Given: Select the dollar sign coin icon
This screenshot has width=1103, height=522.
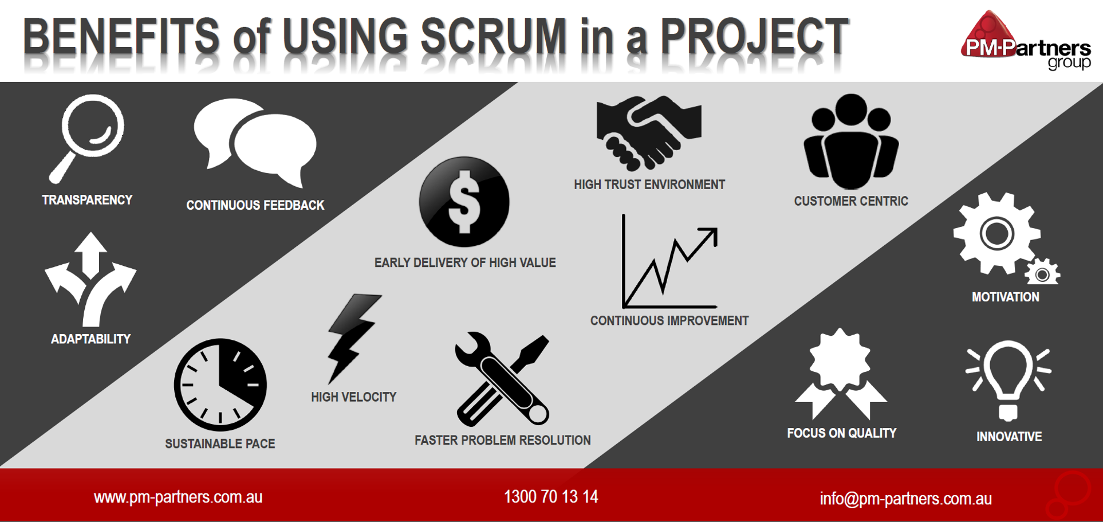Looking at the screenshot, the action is coord(464,202).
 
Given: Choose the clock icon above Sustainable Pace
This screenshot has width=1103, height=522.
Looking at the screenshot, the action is coord(220,384).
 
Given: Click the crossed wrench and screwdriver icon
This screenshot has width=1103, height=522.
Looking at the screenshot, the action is coord(502,379).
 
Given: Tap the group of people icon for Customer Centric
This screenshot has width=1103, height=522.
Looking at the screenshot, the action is coord(851,142).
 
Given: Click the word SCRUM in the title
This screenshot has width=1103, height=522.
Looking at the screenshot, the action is coord(493,37).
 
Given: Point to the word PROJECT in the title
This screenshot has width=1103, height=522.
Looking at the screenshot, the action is coord(755,37).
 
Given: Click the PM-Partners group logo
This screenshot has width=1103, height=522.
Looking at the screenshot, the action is coord(1026,40).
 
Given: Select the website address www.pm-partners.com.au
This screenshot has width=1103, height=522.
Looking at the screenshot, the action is coord(178,497).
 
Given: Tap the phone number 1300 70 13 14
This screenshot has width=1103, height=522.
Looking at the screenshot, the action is coord(551,496).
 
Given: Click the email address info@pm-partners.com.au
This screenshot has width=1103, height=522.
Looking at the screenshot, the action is coord(905,499).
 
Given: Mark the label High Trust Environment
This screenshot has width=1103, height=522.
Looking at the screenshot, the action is coord(649,185).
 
